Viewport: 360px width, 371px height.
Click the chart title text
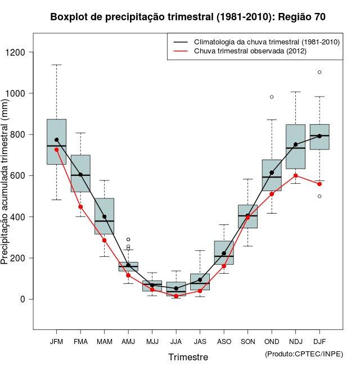pos(188,17)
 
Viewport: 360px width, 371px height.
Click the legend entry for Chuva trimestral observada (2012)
pos(250,51)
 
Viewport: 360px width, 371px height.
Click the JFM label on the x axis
pos(56,342)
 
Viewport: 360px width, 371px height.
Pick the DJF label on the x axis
pos(319,342)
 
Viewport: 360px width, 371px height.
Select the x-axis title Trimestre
pos(188,357)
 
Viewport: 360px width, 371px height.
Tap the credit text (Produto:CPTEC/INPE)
pos(304,354)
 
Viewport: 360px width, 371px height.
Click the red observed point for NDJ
pos(296,175)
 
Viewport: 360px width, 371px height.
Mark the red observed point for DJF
pos(319,184)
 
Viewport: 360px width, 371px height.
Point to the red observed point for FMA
pos(80,207)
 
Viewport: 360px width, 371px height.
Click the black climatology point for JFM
pos(56,140)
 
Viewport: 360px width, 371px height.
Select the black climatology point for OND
pos(272,173)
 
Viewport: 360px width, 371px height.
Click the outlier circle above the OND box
pos(272,97)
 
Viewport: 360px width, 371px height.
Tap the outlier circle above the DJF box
pos(319,72)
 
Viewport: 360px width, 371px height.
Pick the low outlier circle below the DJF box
pos(319,196)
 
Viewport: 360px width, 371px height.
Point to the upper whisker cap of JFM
pos(56,65)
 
